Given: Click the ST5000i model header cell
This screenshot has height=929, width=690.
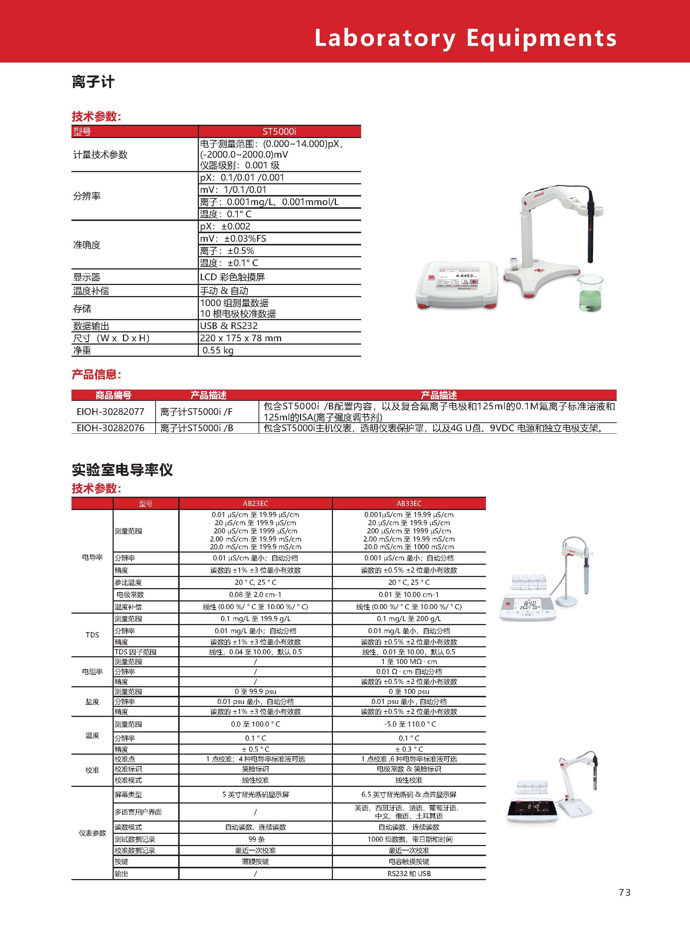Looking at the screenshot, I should [x=279, y=131].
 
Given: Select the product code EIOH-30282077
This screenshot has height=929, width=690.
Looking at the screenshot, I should [x=110, y=412].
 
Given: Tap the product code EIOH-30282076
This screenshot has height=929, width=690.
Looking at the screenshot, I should [x=110, y=428].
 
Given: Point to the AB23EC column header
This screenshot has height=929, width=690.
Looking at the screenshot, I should [x=255, y=503].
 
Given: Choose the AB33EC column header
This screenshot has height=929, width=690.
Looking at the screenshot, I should [x=409, y=503].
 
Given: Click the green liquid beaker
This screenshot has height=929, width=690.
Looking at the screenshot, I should [x=590, y=295].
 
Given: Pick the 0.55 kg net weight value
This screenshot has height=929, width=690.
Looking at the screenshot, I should [x=218, y=350].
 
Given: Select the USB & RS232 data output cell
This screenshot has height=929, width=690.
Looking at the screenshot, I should [x=229, y=326].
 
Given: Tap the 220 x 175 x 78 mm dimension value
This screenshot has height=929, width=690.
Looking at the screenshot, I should [x=241, y=338].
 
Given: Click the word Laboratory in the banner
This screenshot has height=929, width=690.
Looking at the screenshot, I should [x=384, y=38].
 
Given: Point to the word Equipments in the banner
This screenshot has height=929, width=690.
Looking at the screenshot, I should [x=541, y=38].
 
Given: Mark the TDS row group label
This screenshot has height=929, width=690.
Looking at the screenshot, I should [x=92, y=635].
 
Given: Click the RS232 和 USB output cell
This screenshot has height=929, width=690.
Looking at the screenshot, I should [x=409, y=873].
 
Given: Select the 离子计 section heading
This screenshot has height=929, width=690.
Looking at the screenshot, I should [x=93, y=82].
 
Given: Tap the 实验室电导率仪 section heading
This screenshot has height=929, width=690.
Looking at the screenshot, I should [x=122, y=470].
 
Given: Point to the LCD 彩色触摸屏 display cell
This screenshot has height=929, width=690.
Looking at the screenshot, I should [x=232, y=277].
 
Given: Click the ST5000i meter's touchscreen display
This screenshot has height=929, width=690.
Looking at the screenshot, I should [x=458, y=279].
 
